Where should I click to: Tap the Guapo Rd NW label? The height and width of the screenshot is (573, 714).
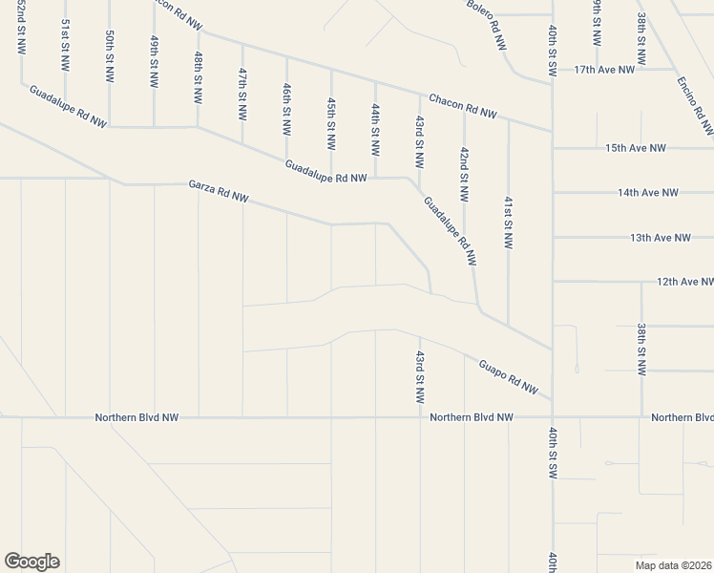509,377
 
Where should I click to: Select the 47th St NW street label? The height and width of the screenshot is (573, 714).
242,92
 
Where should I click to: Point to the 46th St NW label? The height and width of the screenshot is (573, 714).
286,107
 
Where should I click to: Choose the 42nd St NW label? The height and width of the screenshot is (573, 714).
464,173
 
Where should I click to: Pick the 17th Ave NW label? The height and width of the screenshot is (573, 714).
604,70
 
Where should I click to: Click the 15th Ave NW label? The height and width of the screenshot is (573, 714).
635,148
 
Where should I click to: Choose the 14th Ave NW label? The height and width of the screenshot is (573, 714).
647,192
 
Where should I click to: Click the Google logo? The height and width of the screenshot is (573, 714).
31,562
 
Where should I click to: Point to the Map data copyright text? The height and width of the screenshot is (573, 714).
673,565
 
